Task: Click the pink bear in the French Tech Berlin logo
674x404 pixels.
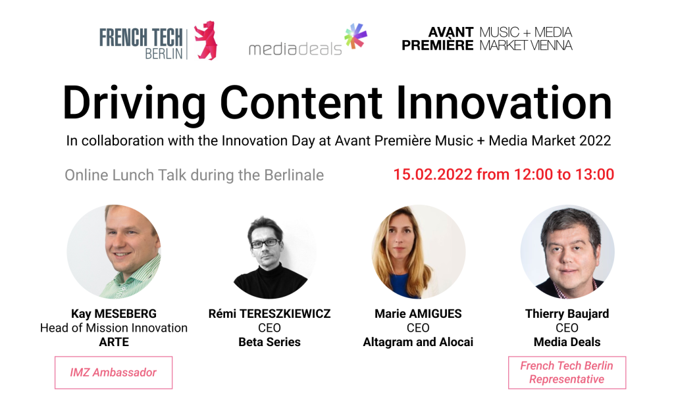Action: [x=206, y=40]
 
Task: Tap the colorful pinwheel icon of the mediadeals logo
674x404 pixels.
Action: [x=355, y=36]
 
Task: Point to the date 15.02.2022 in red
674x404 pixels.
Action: [x=433, y=174]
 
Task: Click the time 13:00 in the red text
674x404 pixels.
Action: [x=594, y=174]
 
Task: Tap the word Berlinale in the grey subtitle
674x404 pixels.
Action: [x=294, y=176]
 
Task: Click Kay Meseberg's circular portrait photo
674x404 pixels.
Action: [x=114, y=252]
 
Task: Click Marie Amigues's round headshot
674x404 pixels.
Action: [x=418, y=252]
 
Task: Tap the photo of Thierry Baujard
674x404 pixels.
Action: [x=567, y=252]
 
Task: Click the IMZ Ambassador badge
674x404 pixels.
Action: [x=113, y=372]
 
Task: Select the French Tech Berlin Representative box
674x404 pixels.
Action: [x=567, y=372]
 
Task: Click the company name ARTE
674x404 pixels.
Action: [x=114, y=342]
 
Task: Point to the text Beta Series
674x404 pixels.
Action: [x=269, y=342]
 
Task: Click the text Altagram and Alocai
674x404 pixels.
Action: [x=418, y=342]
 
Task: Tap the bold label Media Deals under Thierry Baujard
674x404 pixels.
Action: [x=567, y=342]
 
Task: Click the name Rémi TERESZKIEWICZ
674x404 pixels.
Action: [x=269, y=314]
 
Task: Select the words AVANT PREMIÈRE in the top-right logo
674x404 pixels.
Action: [x=438, y=39]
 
